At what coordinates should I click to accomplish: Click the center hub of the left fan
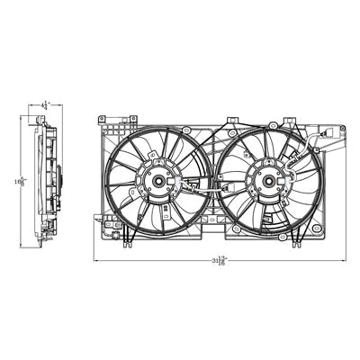point(158,180)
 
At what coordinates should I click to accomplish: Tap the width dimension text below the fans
point(219,260)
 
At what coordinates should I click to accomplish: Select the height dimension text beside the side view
point(18,181)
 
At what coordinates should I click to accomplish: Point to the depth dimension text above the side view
point(44,104)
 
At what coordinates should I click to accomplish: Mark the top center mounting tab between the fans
point(233,120)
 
